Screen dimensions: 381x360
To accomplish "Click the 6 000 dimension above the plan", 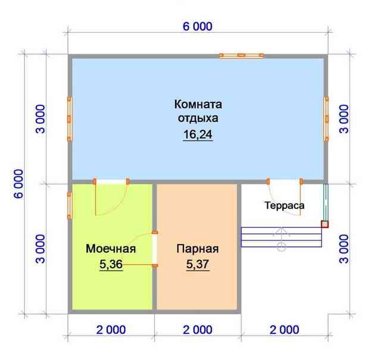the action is point(198,26).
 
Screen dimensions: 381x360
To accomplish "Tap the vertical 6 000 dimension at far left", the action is point(18,184).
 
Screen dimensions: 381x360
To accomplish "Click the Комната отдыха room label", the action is point(198,111).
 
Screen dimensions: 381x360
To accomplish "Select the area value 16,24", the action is point(198,134).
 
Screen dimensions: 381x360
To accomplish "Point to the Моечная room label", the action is point(111,249).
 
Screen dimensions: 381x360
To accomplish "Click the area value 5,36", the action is point(111,264).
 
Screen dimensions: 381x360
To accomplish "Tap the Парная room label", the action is point(198,249).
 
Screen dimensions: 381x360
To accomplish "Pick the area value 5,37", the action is point(198,264).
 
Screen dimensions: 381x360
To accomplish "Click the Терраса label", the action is point(285,205).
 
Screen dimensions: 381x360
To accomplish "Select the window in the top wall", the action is point(242,55).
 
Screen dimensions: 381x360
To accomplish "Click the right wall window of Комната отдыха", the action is point(327,119).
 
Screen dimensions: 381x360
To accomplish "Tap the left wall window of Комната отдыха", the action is point(69,119).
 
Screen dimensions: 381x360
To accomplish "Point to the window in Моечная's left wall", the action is point(70,205).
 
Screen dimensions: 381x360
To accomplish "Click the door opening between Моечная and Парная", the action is point(155,249).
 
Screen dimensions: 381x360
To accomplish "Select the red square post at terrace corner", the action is point(325,224).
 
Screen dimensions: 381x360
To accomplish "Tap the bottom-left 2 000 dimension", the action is point(111,330).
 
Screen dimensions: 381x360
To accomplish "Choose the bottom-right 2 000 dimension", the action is point(285,330).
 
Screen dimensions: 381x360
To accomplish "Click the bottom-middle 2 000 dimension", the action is point(198,330).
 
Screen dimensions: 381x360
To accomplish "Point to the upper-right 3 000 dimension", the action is point(344,119).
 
